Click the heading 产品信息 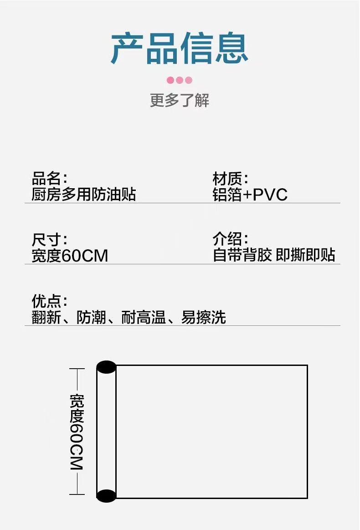point(180,49)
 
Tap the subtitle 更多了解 point(180,100)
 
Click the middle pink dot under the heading point(180,80)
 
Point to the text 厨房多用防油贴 point(84,195)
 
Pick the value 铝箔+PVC point(250,195)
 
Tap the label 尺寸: point(50,240)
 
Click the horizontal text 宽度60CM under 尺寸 point(70,256)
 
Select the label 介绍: point(230,239)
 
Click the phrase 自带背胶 point(242,255)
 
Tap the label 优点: point(50,301)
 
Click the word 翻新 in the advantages point(46,317)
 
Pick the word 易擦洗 point(203,317)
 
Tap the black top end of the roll point(106,367)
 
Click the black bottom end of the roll point(106,495)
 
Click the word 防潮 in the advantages point(91,317)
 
